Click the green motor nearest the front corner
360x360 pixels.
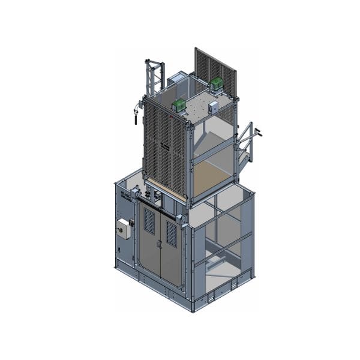pos(179,106)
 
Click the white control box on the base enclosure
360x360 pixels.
pos(124,229)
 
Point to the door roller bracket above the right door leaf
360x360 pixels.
pos(178,214)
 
